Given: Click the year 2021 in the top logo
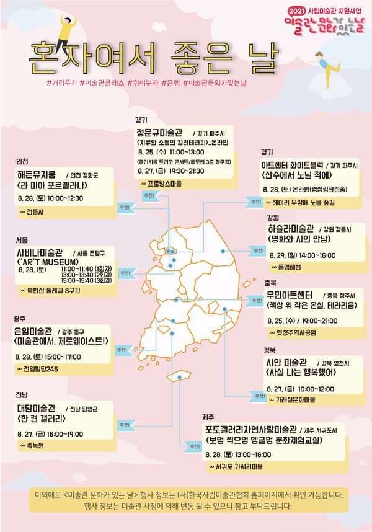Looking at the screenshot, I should click(296, 11).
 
